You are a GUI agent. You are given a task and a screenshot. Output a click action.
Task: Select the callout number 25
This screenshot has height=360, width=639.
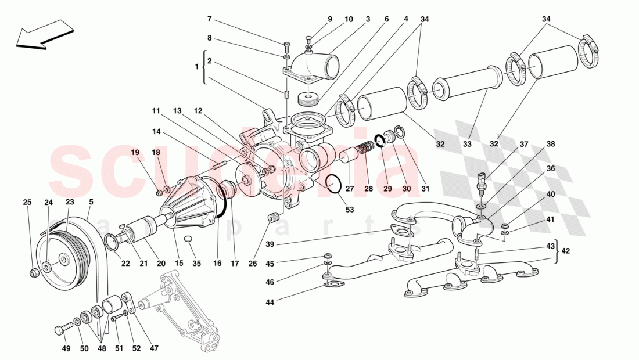(27, 203)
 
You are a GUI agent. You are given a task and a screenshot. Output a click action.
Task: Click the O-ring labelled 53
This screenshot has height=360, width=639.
(333, 184)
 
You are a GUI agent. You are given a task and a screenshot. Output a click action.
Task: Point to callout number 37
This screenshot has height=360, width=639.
(523, 145)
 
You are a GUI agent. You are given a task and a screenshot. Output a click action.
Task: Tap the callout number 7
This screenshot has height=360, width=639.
(210, 19)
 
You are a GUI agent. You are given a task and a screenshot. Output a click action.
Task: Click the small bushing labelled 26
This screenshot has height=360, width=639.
(271, 218)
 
